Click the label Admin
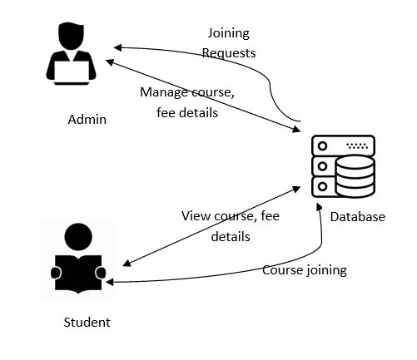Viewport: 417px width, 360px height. [87, 119]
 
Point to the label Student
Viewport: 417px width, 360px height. [87, 322]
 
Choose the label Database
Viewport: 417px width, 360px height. [357, 217]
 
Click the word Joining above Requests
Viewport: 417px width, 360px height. [227, 34]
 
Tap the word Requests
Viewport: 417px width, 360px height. [230, 53]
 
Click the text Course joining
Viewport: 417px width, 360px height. [304, 269]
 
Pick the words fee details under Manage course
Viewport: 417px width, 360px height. [186, 112]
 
